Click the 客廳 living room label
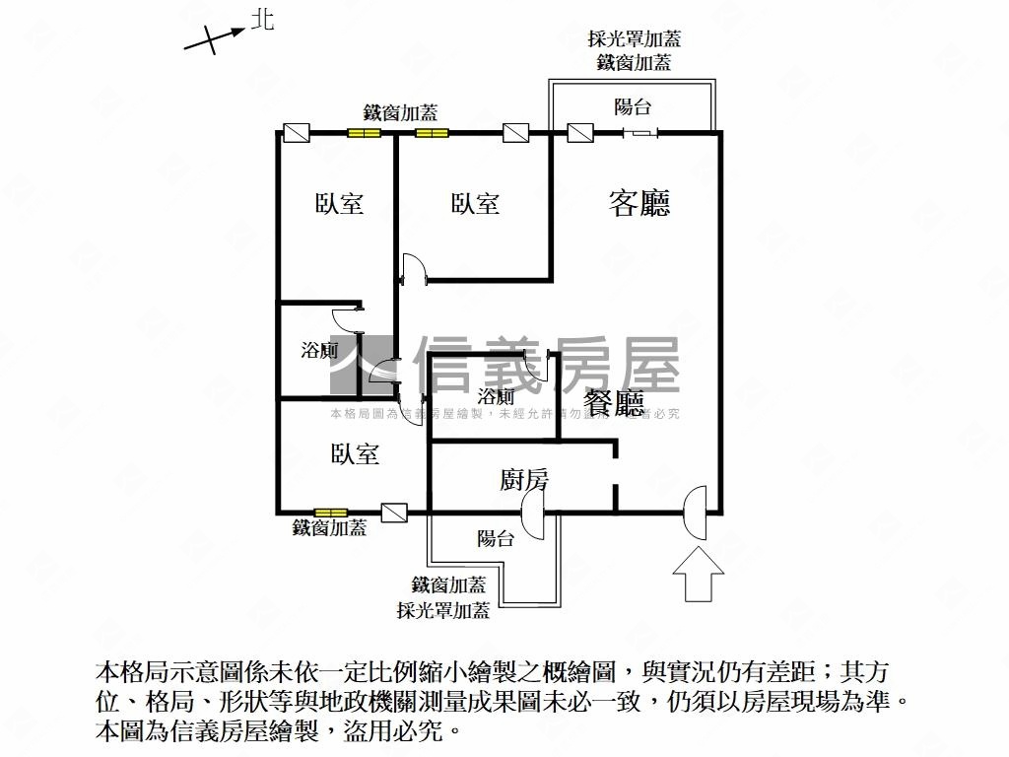coord(639,203)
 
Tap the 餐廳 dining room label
coord(613,403)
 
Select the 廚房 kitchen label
coord(524,480)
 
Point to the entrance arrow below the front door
coord(697,576)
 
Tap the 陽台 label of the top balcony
coord(633,107)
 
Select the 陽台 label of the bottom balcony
coord(495,538)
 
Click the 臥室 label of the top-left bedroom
coord(339,204)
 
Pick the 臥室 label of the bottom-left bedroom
coord(355,454)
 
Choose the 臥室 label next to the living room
coord(475,204)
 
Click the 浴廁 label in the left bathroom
coord(319,350)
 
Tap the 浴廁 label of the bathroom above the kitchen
coord(496,397)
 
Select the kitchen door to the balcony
coord(533,514)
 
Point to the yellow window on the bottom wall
coord(330,513)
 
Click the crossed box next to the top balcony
coord(579,132)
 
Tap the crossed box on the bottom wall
coord(394,513)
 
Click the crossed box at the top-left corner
coord(296,132)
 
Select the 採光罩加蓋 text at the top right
coord(634,39)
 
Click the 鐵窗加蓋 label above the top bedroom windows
coord(401,111)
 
